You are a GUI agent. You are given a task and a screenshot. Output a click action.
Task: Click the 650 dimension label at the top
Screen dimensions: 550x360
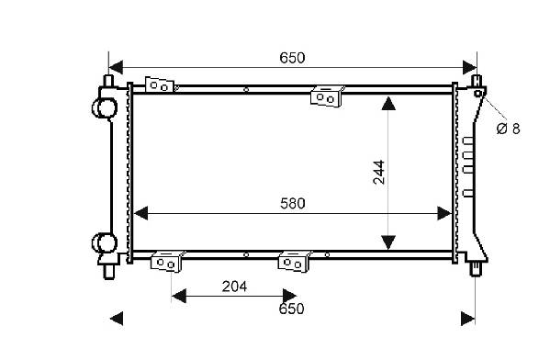pyautogui.click(x=292, y=58)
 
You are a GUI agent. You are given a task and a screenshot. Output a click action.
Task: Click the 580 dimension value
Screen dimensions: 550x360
pyautogui.click(x=293, y=204)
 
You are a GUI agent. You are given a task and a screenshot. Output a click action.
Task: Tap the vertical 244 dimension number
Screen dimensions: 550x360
pyautogui.click(x=379, y=172)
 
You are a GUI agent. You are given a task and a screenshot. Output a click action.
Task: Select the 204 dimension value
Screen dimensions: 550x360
pyautogui.click(x=234, y=287)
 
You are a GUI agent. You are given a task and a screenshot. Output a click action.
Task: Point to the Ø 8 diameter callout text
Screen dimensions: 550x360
pyautogui.click(x=509, y=129)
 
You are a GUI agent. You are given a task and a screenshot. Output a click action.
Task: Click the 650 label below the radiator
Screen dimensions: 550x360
pyautogui.click(x=291, y=309)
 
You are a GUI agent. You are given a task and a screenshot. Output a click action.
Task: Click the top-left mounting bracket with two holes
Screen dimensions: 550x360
pyautogui.click(x=160, y=84)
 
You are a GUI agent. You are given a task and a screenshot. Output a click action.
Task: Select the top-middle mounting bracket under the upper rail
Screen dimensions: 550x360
pyautogui.click(x=326, y=96)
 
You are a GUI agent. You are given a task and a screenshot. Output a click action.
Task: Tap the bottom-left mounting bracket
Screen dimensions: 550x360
pyautogui.click(x=166, y=262)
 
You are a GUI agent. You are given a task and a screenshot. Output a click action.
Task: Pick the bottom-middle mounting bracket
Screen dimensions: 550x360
pyautogui.click(x=294, y=262)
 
